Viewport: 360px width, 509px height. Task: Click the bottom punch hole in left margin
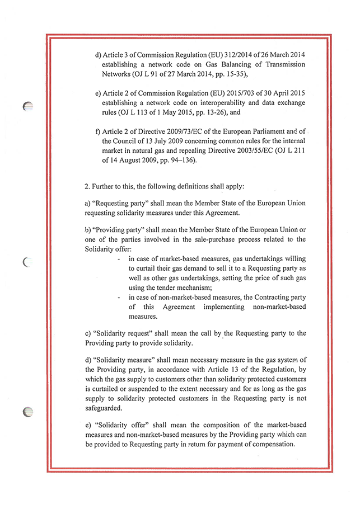(x=27, y=413)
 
